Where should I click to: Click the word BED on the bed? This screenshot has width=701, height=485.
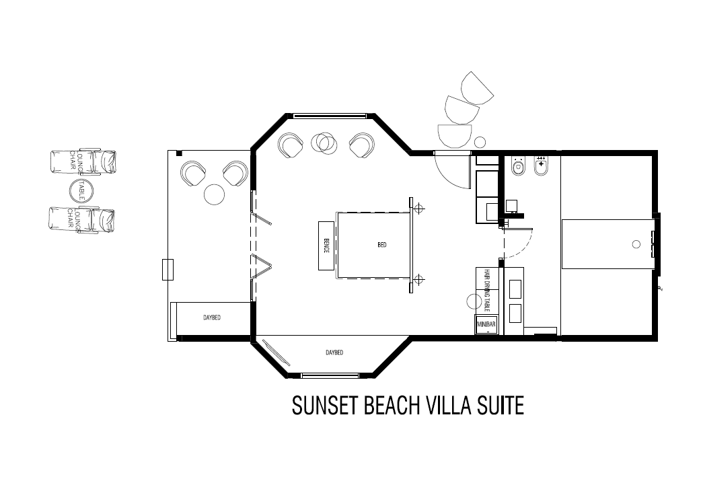[382, 246]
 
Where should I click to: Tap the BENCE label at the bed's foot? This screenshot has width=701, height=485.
[326, 246]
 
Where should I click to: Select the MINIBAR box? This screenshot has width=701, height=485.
[486, 325]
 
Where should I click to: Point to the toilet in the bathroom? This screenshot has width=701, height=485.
[519, 166]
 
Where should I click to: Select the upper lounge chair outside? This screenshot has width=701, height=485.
[83, 161]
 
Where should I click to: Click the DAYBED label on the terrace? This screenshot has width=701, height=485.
[212, 318]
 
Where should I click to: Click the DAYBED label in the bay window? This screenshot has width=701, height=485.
[334, 352]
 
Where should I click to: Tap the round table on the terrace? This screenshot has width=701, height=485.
[214, 194]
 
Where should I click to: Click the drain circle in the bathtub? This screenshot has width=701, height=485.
[636, 245]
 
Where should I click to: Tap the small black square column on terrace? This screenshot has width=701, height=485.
[179, 154]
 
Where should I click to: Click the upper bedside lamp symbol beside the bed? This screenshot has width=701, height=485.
[419, 209]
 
